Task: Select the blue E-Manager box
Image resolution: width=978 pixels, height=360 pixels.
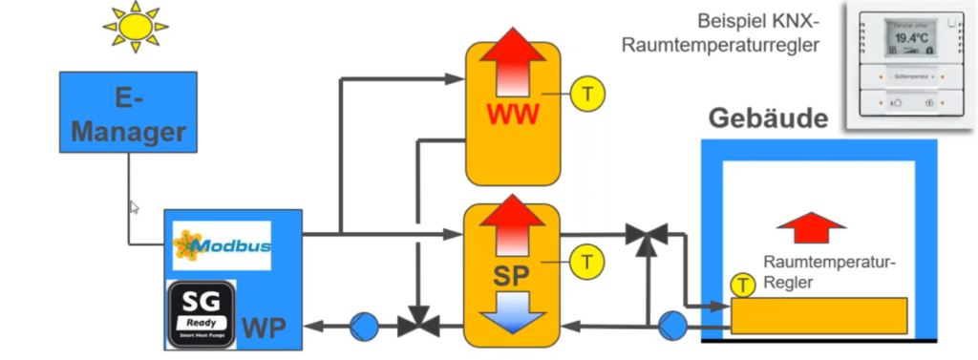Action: tap(128, 112)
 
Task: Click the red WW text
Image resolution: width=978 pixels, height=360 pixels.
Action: tap(512, 116)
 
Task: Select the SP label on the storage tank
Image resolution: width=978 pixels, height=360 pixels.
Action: tap(512, 277)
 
